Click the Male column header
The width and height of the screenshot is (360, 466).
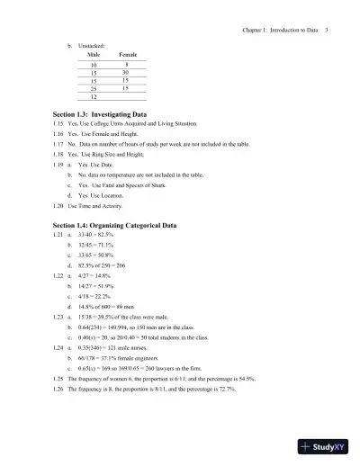94,55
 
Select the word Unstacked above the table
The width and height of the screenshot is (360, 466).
91,44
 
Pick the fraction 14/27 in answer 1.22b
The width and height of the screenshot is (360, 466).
85,285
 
